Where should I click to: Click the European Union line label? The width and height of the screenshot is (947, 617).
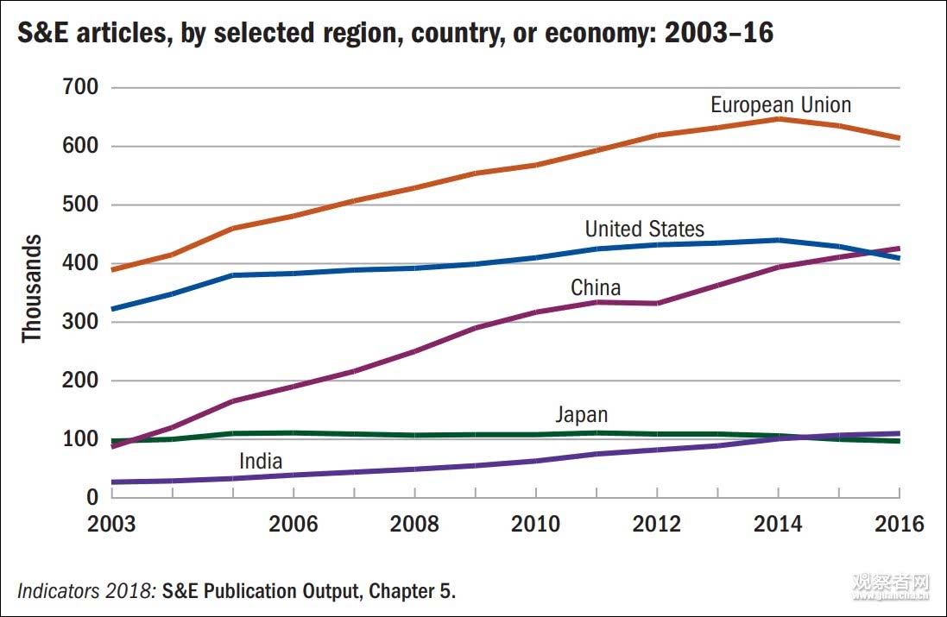[x=780, y=105]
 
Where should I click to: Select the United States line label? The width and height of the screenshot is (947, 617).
[x=644, y=229]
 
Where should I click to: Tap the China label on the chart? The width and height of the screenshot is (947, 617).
[x=596, y=287]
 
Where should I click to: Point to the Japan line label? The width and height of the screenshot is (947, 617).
[x=581, y=415]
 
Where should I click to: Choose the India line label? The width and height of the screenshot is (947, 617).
[x=261, y=462]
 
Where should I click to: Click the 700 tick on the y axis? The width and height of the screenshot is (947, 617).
[x=81, y=87]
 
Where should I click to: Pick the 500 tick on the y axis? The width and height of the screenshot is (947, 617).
[x=81, y=205]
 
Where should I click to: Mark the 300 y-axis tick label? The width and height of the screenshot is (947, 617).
[x=81, y=322]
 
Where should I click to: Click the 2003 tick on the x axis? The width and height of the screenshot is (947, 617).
[x=112, y=524]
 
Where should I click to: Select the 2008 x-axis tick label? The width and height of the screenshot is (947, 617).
[x=414, y=524]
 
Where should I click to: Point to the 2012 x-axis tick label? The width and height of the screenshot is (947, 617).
[x=657, y=524]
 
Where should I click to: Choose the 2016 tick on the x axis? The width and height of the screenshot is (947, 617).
[x=899, y=524]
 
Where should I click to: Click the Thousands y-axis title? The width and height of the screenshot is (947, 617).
[x=33, y=287]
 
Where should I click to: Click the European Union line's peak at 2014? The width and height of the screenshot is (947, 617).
[x=778, y=118]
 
